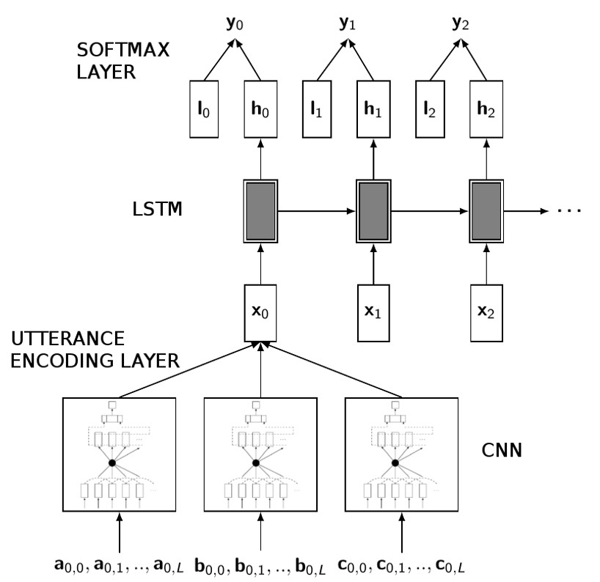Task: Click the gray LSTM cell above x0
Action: coord(260,210)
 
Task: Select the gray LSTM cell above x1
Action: coord(374,210)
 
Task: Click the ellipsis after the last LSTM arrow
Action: coord(570,211)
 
